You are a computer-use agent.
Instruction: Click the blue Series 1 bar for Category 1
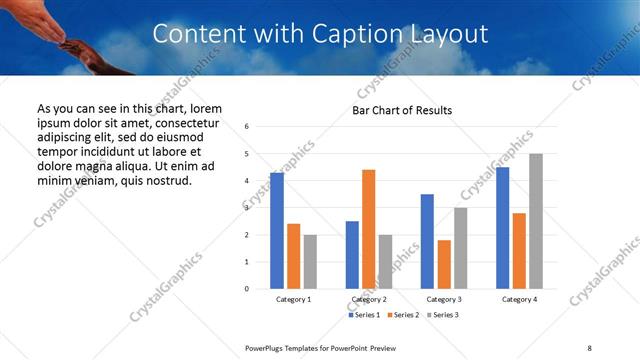pos(277,231)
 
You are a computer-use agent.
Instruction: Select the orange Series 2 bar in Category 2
pos(368,229)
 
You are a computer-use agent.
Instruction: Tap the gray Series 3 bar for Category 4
pos(536,221)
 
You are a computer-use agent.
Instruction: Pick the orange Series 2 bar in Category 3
pos(444,264)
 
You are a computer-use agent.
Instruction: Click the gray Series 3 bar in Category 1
pos(310,262)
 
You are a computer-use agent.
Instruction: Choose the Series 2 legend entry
pos(402,315)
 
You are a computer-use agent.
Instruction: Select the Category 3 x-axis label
pos(443,299)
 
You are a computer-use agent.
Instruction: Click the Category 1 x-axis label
pos(293,299)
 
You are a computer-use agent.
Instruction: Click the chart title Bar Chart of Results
pos(402,109)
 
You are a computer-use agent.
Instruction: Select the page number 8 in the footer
pos(589,348)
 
